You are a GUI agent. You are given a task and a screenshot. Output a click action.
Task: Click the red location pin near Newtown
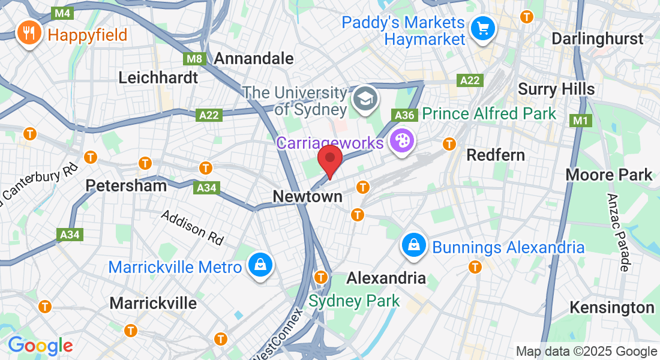[329, 161]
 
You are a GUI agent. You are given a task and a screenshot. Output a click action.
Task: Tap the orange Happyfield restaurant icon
[28, 33]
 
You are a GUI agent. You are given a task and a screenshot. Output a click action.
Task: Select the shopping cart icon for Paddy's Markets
[482, 29]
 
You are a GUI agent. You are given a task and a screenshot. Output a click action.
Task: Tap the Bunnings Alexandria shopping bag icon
[414, 245]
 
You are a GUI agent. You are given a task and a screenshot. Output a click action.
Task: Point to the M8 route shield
[194, 59]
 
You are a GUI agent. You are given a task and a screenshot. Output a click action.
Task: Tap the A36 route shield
[404, 114]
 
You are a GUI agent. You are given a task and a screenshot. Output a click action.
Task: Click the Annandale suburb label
[254, 58]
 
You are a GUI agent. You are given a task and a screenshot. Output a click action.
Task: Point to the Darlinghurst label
[597, 39]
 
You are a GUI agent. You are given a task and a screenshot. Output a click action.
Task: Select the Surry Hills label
[556, 89]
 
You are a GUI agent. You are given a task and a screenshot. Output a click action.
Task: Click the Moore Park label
[609, 175]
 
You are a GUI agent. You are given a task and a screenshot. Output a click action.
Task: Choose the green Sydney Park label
[354, 301]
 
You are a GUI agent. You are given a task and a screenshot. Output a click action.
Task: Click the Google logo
[40, 346]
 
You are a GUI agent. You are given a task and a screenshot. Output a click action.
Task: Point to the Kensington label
[611, 308]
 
